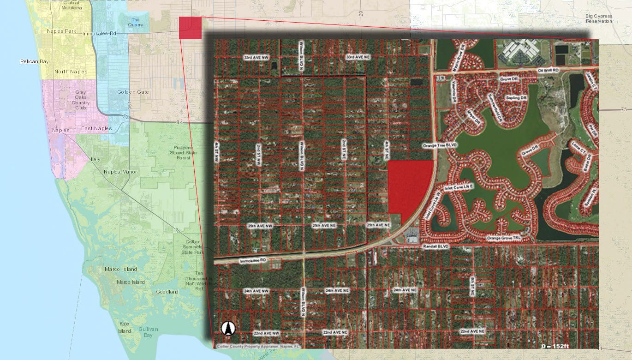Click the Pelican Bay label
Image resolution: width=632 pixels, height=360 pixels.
(x=34, y=61)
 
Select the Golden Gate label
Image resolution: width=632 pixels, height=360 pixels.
(x=133, y=92)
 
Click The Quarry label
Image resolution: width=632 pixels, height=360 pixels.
(x=136, y=22)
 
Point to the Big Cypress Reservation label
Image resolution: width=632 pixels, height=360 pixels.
(x=599, y=18)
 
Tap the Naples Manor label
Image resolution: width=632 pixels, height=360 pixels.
(x=118, y=172)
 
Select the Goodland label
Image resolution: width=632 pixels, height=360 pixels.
(x=167, y=292)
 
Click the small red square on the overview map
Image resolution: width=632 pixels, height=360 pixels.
(x=190, y=28)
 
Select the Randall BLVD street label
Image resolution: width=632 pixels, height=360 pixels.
(x=435, y=247)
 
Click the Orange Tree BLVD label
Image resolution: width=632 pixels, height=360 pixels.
(x=439, y=145)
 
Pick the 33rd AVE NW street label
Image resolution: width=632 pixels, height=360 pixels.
(x=256, y=57)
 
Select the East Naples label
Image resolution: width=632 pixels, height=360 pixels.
(x=96, y=128)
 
